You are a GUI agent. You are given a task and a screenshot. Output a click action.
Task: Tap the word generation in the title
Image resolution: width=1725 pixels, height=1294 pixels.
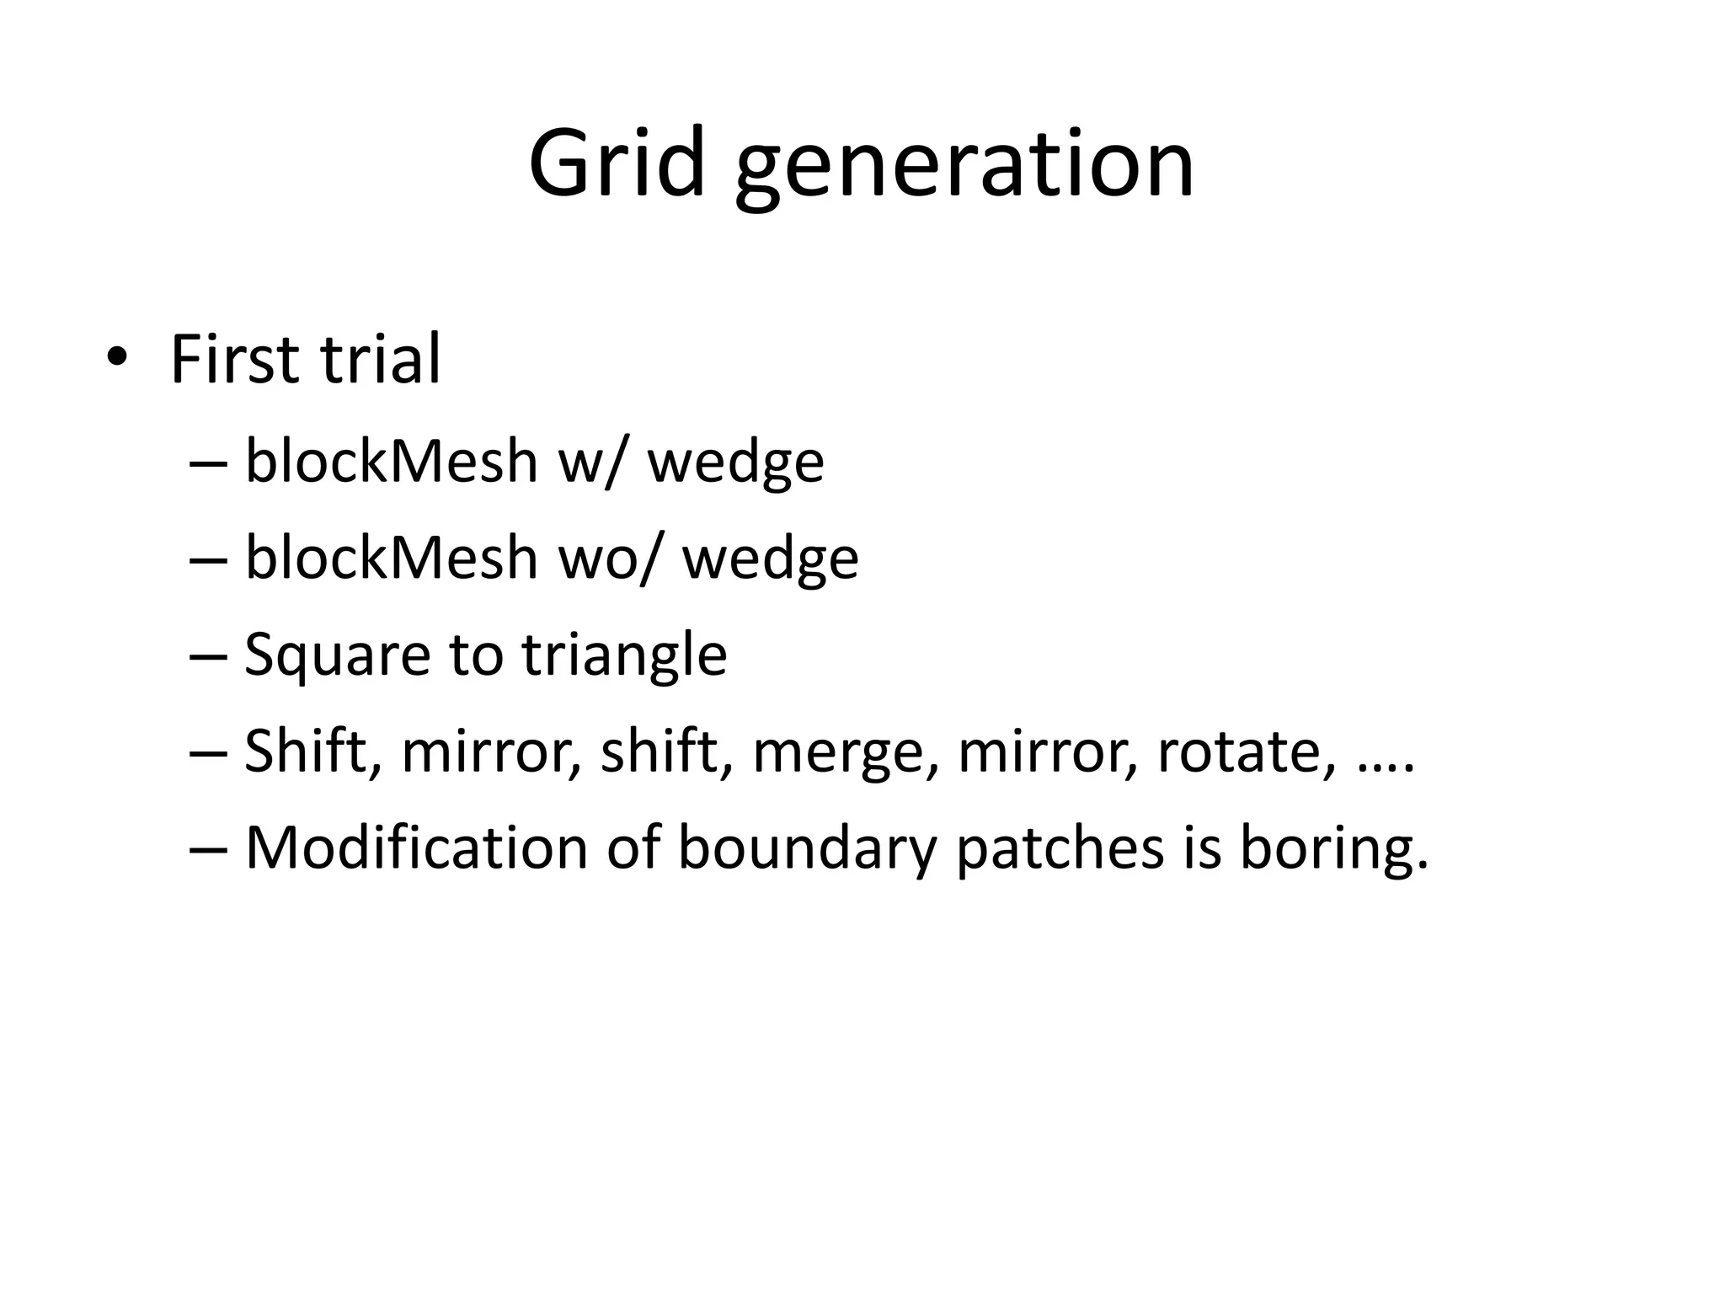coord(964,168)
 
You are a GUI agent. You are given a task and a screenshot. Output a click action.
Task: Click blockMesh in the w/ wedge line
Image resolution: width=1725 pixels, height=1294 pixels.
coord(391,461)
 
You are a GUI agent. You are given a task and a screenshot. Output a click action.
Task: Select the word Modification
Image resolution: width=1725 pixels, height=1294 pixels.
coord(416,847)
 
